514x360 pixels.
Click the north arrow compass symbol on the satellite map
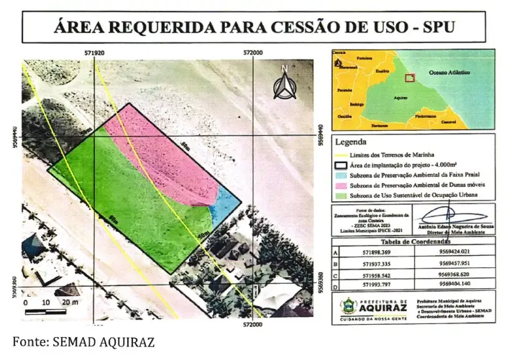pyautogui.click(x=285, y=84)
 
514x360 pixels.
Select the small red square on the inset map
pyautogui.click(x=410, y=78)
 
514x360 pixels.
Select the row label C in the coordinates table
pyautogui.click(x=335, y=274)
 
